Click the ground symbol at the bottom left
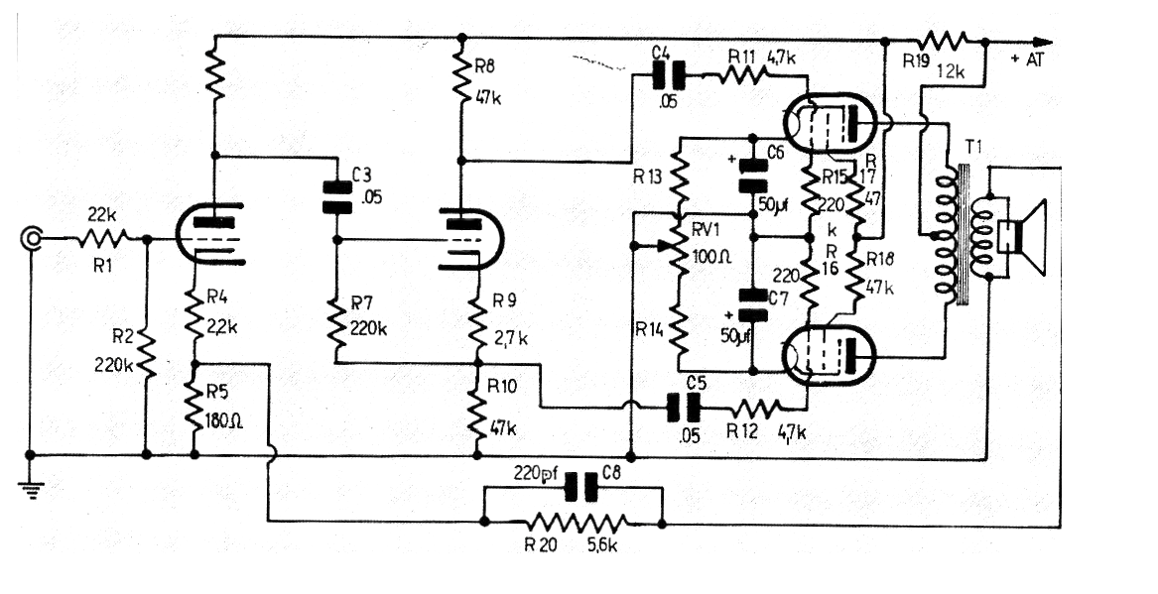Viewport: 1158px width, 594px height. tap(31, 490)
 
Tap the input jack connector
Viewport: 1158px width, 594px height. tap(32, 238)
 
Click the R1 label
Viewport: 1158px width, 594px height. tap(102, 266)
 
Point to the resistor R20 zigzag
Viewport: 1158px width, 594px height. tap(578, 523)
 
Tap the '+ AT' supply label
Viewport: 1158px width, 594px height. tap(1027, 60)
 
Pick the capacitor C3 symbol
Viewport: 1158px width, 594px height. tap(336, 197)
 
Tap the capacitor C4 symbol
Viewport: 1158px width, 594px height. tap(669, 75)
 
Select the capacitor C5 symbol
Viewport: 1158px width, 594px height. tap(683, 408)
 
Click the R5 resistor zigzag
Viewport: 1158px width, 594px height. tap(194, 410)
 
